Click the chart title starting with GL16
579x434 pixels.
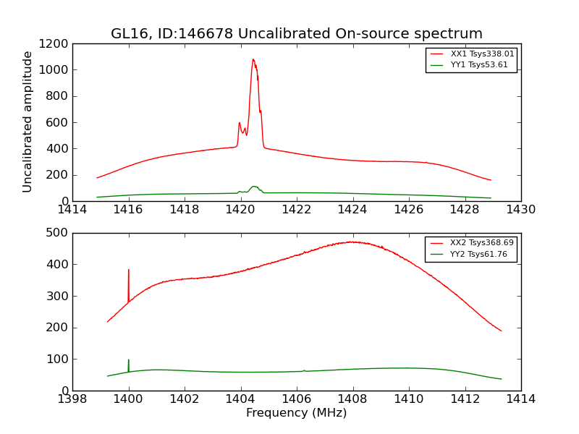pyautogui.click(x=297, y=34)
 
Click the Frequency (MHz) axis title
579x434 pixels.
pyautogui.click(x=297, y=413)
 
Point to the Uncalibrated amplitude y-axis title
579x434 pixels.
pyautogui.click(x=28, y=122)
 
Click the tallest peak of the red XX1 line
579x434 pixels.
pyautogui.click(x=253, y=60)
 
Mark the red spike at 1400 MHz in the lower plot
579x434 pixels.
pyautogui.click(x=129, y=271)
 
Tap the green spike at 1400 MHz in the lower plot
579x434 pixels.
pyautogui.click(x=129, y=361)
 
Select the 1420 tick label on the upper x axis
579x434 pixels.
pyautogui.click(x=240, y=210)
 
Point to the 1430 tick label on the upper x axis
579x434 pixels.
pyautogui.click(x=520, y=210)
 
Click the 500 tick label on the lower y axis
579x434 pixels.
pyautogui.click(x=58, y=233)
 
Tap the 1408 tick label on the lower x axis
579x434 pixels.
pyautogui.click(x=352, y=399)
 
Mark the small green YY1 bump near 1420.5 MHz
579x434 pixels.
pyautogui.click(x=254, y=187)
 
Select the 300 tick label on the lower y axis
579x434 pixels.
pyautogui.click(x=58, y=296)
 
